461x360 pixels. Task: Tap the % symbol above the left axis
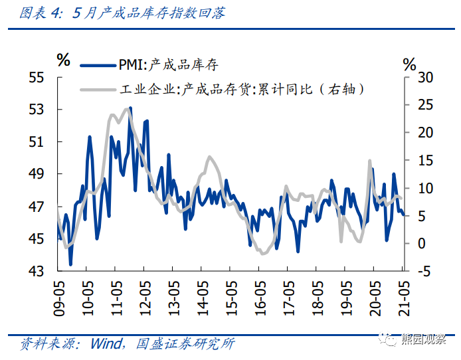click(x=63, y=60)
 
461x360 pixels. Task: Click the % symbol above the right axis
click(x=409, y=64)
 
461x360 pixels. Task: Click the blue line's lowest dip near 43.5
click(x=70, y=264)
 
